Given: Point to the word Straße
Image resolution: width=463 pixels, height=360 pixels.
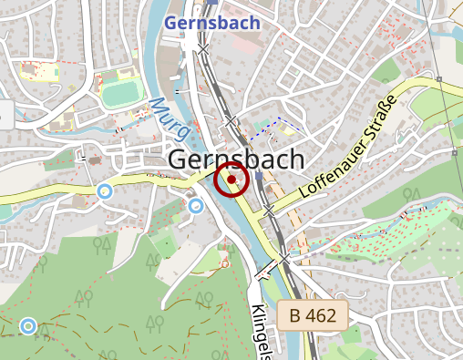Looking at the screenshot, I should click(381, 117).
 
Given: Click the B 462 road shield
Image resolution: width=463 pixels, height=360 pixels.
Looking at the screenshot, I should click(313, 317).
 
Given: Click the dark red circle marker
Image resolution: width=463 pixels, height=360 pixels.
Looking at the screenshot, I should click(231, 180).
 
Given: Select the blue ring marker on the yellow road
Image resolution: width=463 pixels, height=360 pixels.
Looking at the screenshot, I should click(105, 190).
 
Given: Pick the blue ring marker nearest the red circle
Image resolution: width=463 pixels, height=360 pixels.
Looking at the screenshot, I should click(195, 206).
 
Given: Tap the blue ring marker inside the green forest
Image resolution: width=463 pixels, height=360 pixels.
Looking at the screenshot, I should click(28, 325).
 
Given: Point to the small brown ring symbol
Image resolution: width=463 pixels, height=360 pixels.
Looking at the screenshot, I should click(225, 263).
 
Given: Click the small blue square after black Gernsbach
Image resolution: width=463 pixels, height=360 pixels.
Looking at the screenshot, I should click(260, 176).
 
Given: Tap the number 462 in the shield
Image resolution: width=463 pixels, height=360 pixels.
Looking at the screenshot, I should click(323, 317).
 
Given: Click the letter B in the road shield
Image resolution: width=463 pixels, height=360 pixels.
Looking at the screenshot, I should click(295, 317).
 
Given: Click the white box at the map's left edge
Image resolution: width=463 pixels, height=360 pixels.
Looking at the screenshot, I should click(5, 115).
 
